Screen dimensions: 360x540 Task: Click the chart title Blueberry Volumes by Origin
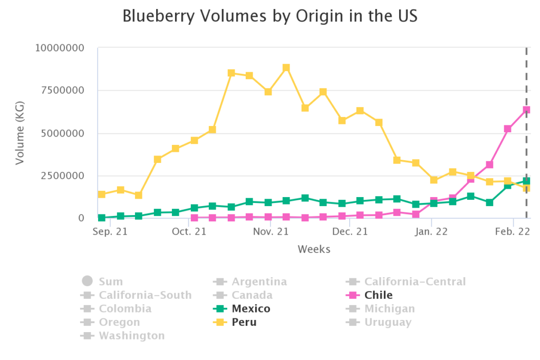tap(269, 16)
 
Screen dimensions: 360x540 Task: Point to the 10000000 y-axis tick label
tap(60, 48)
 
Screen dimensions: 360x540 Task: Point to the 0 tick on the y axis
tap(81, 218)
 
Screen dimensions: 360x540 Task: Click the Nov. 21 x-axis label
tap(270, 231)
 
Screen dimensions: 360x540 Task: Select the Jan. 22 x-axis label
tap(431, 231)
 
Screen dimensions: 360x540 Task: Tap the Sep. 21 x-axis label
tap(110, 231)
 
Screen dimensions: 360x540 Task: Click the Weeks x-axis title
tap(314, 249)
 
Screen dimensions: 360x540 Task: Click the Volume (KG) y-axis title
tap(20, 133)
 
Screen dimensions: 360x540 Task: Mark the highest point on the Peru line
tap(286, 68)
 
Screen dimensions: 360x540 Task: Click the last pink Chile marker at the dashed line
tap(526, 110)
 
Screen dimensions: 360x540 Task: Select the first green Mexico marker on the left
tap(102, 218)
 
